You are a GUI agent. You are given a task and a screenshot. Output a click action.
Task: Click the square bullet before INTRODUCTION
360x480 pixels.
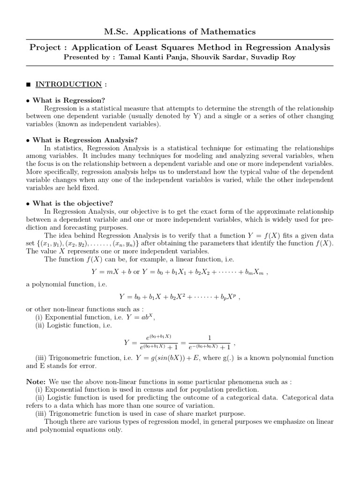click(29, 85)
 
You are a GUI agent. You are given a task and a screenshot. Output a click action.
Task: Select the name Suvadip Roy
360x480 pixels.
click(275, 57)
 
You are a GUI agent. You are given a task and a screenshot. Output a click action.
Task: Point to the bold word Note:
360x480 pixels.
click(36, 382)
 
